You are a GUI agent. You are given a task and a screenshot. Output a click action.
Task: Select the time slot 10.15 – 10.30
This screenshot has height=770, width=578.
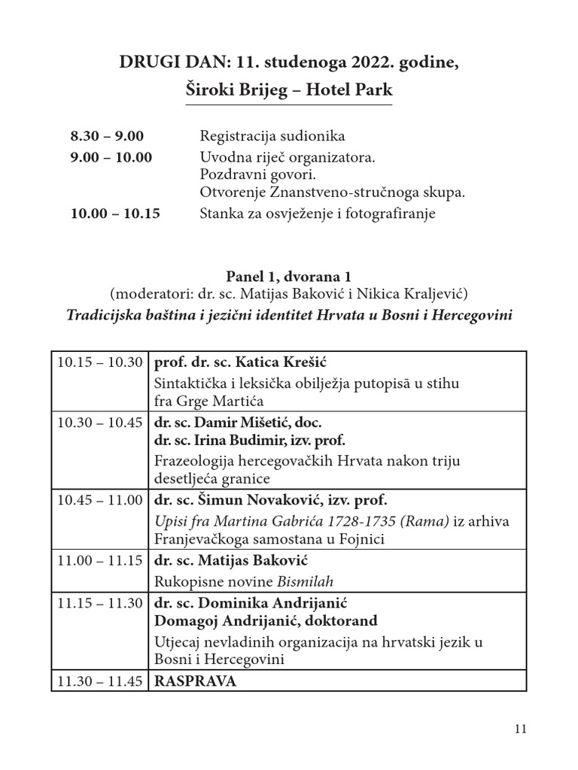click(x=100, y=362)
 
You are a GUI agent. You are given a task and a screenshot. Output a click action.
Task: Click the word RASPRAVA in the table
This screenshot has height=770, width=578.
click(x=195, y=681)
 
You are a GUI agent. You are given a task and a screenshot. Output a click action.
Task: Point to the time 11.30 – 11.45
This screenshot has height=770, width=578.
click(x=100, y=681)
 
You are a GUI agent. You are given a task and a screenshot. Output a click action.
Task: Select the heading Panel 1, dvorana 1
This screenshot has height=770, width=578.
click(x=289, y=277)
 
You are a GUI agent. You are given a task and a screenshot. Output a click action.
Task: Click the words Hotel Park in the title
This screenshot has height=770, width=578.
click(x=355, y=90)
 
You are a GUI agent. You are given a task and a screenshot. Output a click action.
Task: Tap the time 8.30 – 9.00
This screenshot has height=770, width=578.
click(x=107, y=136)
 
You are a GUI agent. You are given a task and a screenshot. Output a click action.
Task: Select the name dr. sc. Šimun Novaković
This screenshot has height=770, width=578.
click(x=232, y=499)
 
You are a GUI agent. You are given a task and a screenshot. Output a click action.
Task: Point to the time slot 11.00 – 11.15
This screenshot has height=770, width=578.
click(x=100, y=560)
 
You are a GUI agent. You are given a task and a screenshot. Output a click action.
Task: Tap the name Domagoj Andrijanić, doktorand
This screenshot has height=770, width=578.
click(x=266, y=621)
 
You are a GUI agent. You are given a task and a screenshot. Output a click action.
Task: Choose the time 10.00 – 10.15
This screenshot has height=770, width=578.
click(x=115, y=213)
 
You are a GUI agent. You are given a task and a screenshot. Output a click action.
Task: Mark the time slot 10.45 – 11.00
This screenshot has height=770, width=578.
click(x=100, y=499)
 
